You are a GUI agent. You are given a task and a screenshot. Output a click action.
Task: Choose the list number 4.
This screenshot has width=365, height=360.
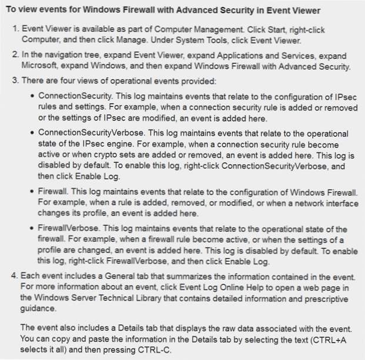pos(16,276)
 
